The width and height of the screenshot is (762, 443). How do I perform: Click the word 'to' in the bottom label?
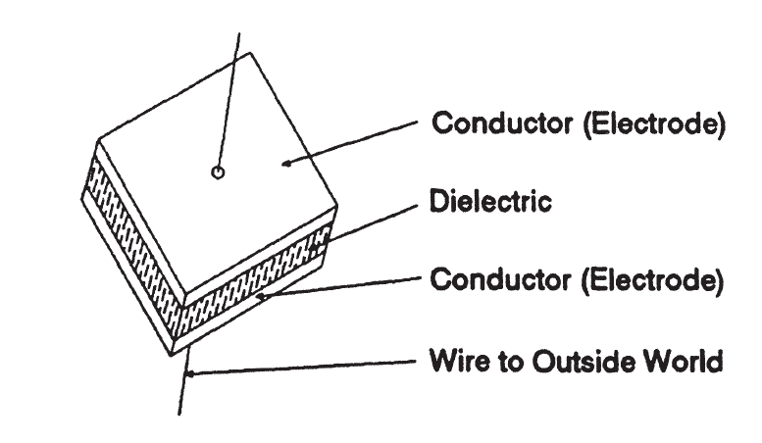click(x=495, y=362)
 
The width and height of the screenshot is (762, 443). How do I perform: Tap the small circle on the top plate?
click(x=218, y=172)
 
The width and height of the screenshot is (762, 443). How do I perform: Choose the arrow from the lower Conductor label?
click(x=343, y=286)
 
